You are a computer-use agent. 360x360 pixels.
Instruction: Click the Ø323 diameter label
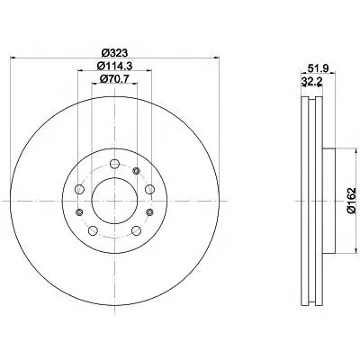114,53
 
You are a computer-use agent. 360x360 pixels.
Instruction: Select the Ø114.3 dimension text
114,66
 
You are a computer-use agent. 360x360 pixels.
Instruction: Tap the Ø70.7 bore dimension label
114,79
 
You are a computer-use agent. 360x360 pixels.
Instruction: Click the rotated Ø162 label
351,201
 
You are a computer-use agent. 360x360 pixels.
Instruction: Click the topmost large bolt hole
114,164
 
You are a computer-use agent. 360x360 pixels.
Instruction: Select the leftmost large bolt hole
79,189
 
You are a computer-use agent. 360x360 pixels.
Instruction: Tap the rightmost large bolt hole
149,189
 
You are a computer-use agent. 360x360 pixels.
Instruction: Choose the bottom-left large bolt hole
93,230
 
